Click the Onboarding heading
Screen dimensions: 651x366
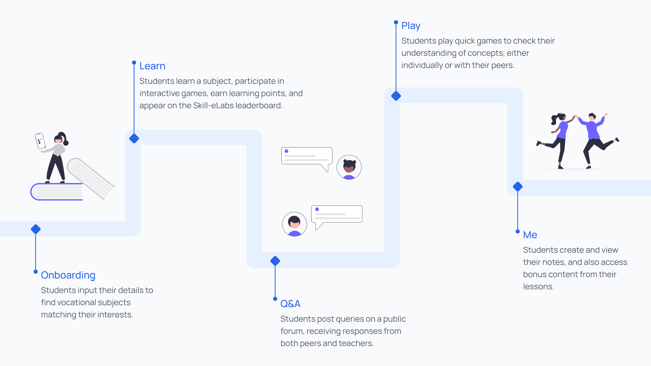click(68, 275)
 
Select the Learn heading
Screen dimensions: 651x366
click(152, 66)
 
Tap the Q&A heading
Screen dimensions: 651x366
click(290, 304)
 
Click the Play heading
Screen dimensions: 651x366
click(411, 26)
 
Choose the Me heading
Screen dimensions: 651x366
click(530, 235)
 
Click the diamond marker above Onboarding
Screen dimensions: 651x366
click(36, 229)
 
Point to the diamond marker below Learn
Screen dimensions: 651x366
click(134, 139)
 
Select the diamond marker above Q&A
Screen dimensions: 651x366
click(275, 261)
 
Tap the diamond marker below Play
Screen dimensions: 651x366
click(396, 96)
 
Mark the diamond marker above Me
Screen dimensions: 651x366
click(518, 186)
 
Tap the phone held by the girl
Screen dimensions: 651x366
click(40, 141)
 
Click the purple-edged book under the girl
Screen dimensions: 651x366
click(57, 192)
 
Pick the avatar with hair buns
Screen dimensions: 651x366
click(349, 167)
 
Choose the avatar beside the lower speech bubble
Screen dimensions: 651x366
click(294, 224)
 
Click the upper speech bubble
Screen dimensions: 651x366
click(307, 156)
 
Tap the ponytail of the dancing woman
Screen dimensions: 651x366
click(554, 119)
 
